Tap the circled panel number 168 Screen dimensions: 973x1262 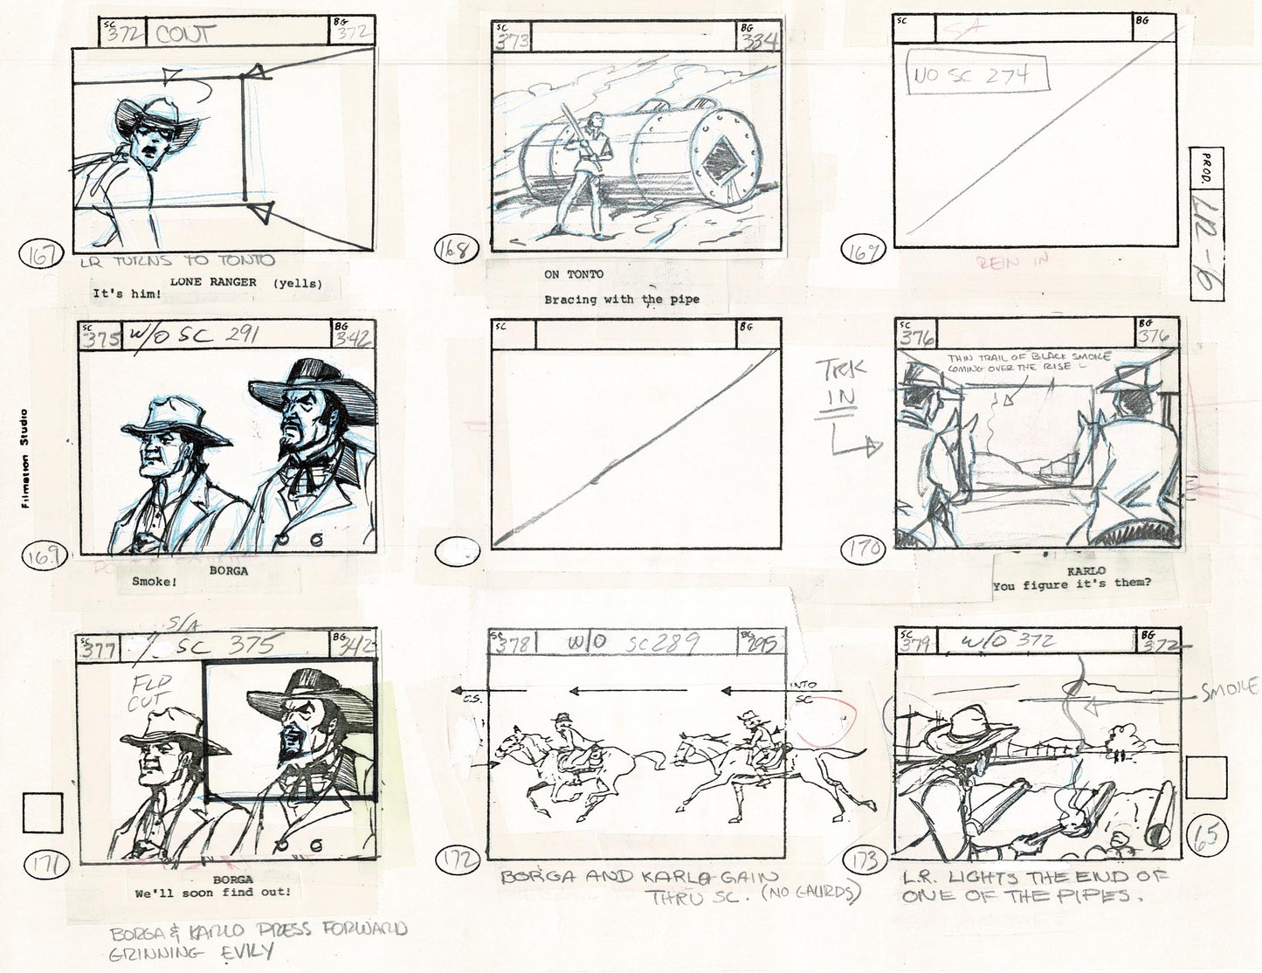point(452,253)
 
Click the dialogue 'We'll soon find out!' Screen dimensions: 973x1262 point(214,894)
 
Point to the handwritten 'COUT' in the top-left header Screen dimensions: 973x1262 point(185,35)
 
